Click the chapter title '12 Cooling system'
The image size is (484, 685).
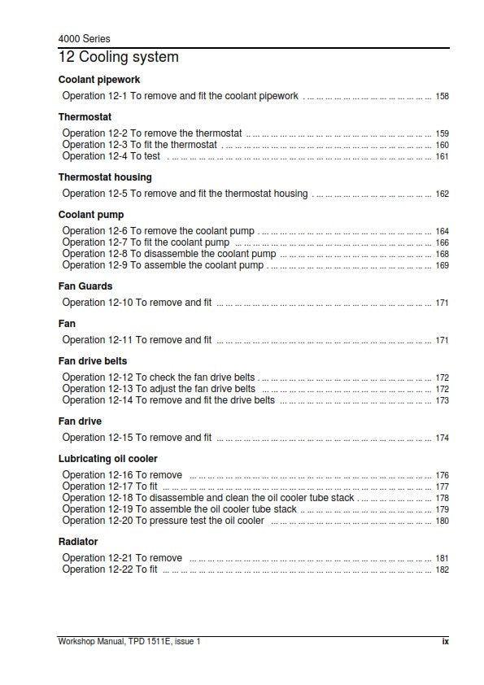pyautogui.click(x=119, y=58)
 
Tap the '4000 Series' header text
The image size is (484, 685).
pyautogui.click(x=85, y=39)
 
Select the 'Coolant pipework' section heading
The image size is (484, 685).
pyautogui.click(x=99, y=80)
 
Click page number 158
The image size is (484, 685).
pyautogui.click(x=442, y=97)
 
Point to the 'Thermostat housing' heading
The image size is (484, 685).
pyautogui.click(x=105, y=177)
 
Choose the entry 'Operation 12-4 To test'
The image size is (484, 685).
pyautogui.click(x=111, y=156)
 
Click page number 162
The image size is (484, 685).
pyautogui.click(x=442, y=194)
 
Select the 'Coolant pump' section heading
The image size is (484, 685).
pyautogui.click(x=91, y=215)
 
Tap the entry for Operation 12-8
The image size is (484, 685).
pyautogui.click(x=169, y=254)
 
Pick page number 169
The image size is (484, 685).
pyautogui.click(x=442, y=266)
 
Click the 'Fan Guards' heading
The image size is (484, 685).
pyautogui.click(x=85, y=286)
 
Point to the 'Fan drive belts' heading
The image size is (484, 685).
pyautogui.click(x=93, y=361)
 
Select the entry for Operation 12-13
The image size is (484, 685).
pyautogui.click(x=159, y=389)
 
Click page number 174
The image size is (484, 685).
pyautogui.click(x=442, y=438)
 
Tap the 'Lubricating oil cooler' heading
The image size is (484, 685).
pyautogui.click(x=108, y=459)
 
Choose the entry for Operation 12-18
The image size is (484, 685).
pyautogui.click(x=208, y=498)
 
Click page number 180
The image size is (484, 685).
pyautogui.click(x=442, y=521)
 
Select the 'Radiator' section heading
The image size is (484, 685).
pyautogui.click(x=78, y=542)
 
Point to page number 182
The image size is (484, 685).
pyautogui.click(x=442, y=570)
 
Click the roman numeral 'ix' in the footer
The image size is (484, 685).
pyautogui.click(x=445, y=641)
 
